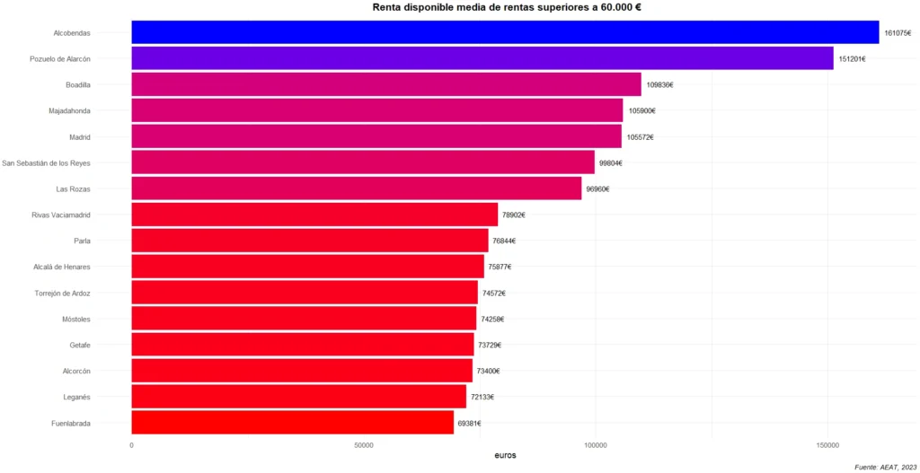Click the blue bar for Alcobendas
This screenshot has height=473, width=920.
[505, 32]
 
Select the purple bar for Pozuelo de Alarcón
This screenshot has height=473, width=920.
[482, 58]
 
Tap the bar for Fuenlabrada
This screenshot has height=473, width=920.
[292, 423]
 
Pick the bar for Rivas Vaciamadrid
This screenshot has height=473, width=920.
[314, 215]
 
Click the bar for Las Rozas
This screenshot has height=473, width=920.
[356, 188]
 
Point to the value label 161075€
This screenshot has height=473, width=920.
[898, 33]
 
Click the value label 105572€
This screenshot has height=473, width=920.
[641, 137]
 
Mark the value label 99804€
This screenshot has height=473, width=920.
[611, 163]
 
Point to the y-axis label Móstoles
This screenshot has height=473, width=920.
[75, 320]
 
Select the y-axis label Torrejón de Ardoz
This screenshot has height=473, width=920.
[62, 293]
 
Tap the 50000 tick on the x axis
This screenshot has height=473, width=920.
[363, 445]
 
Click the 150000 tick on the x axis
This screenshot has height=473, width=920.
[827, 445]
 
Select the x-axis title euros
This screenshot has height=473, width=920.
[505, 456]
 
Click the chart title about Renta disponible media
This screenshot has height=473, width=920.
[506, 7]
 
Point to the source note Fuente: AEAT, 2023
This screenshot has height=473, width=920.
[885, 467]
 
